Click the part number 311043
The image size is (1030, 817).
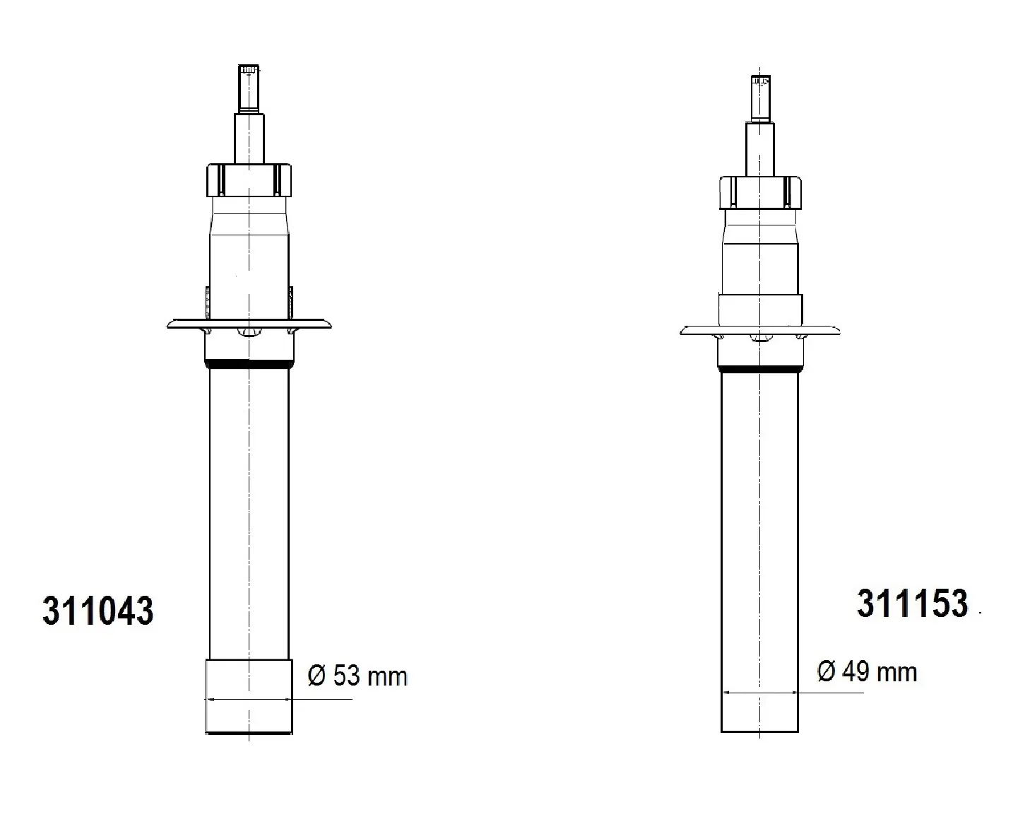tap(97, 611)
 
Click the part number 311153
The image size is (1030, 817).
tap(912, 604)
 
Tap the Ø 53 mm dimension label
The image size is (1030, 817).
tap(357, 676)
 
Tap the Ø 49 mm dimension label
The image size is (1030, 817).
tap(867, 671)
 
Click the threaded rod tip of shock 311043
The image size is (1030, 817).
tap(249, 88)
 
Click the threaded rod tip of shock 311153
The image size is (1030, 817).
tap(760, 98)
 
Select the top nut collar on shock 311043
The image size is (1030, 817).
tap(249, 180)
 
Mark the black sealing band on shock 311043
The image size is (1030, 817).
tap(249, 365)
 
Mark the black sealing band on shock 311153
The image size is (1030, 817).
tap(760, 369)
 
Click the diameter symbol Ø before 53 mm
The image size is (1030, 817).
tap(316, 676)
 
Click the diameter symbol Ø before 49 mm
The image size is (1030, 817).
tap(826, 671)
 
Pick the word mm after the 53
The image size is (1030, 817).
tap(387, 677)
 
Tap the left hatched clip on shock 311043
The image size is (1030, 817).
tap(207, 302)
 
